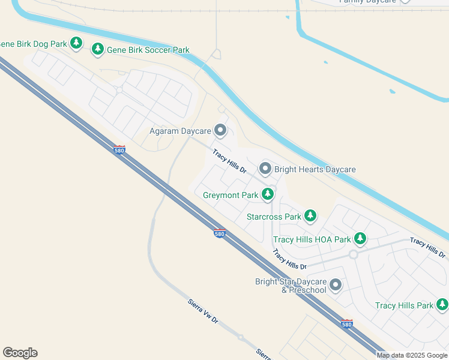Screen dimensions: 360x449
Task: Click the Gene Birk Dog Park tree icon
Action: pyautogui.click(x=76, y=43)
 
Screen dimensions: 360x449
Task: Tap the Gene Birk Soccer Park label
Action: pyautogui.click(x=148, y=50)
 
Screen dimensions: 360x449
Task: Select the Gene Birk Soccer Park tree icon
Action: pyautogui.click(x=98, y=49)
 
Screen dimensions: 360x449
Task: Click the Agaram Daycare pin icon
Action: pyautogui.click(x=220, y=130)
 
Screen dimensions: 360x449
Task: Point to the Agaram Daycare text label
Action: pyautogui.click(x=180, y=131)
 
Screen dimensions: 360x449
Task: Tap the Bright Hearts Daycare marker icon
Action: pyautogui.click(x=265, y=169)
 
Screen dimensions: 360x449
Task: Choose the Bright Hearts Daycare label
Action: pyautogui.click(x=315, y=169)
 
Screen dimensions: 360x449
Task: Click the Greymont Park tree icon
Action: pyautogui.click(x=268, y=194)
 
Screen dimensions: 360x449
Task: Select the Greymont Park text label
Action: pyautogui.click(x=231, y=196)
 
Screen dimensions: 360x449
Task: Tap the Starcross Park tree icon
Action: pyautogui.click(x=310, y=215)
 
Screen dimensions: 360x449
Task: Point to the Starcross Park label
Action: pyautogui.click(x=274, y=217)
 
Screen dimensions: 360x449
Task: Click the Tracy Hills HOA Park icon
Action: pyautogui.click(x=360, y=239)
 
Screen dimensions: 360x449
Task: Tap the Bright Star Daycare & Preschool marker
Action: pyautogui.click(x=336, y=285)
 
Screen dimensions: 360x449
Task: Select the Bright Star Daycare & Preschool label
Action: pyautogui.click(x=291, y=286)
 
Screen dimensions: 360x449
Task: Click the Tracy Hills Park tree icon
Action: pyautogui.click(x=442, y=305)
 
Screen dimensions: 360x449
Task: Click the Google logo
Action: pyautogui.click(x=20, y=353)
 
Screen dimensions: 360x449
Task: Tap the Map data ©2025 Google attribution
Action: pyautogui.click(x=412, y=355)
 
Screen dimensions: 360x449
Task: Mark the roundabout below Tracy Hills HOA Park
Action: pyautogui.click(x=354, y=254)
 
